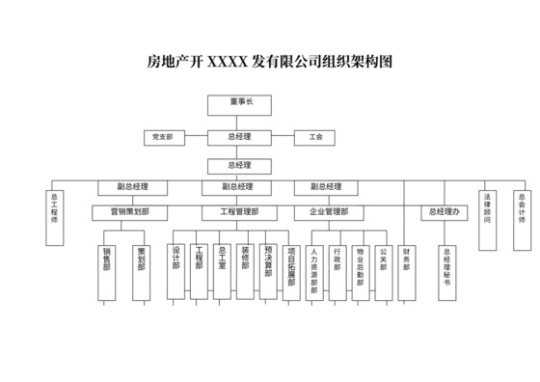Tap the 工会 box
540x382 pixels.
point(316,138)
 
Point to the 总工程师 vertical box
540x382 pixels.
point(54,217)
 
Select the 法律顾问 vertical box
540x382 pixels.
point(488,217)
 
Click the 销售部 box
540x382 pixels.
point(106,273)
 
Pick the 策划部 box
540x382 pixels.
point(141,271)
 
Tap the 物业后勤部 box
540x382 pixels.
point(360,271)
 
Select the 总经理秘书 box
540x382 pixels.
point(446,271)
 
